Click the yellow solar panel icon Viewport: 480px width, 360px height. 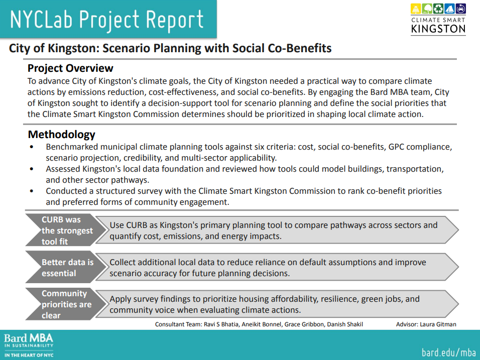coord(416,9)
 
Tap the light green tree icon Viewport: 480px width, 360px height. coord(427,9)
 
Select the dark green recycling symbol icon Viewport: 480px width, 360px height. coord(438,9)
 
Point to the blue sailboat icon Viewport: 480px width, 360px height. coord(449,9)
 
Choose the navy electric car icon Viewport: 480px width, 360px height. coord(461,9)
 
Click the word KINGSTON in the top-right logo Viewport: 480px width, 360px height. coord(438,29)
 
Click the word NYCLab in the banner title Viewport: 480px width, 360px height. coord(41,19)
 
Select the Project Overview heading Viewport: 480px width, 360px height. coord(70,68)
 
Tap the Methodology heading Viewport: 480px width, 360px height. coord(62,135)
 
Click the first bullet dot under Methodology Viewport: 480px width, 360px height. coord(32,147)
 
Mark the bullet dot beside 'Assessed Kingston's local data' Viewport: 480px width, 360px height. coord(32,169)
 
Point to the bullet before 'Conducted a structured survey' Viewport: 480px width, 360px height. coord(32,191)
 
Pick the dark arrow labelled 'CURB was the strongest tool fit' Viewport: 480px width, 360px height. coord(66,230)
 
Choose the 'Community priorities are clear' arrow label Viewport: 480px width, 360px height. coord(66,304)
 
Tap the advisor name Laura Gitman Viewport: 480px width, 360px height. coord(438,324)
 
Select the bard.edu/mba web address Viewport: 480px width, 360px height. coord(449,352)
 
